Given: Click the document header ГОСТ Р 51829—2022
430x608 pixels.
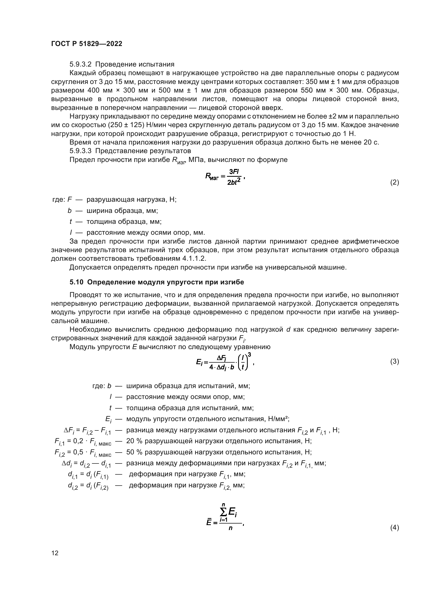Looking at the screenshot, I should pyautogui.click(x=87, y=44).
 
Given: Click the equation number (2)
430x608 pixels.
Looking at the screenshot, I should pyautogui.click(x=395, y=182).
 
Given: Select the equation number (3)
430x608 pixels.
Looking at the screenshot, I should pyautogui.click(x=395, y=362).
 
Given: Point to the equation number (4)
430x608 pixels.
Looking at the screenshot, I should pyautogui.click(x=395, y=527).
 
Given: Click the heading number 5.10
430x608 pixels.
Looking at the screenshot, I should pyautogui.click(x=76, y=282).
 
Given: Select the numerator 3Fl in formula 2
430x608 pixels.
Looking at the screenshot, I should pyautogui.click(x=234, y=172).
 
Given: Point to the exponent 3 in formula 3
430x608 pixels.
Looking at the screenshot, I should pyautogui.click(x=249, y=355).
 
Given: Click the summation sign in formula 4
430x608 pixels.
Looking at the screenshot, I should pyautogui.click(x=224, y=513).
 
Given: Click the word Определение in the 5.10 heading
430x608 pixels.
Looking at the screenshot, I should pyautogui.click(x=112, y=282).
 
